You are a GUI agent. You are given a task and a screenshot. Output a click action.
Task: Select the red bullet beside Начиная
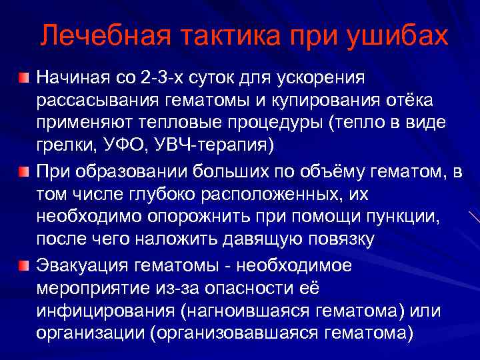click(x=24, y=80)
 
